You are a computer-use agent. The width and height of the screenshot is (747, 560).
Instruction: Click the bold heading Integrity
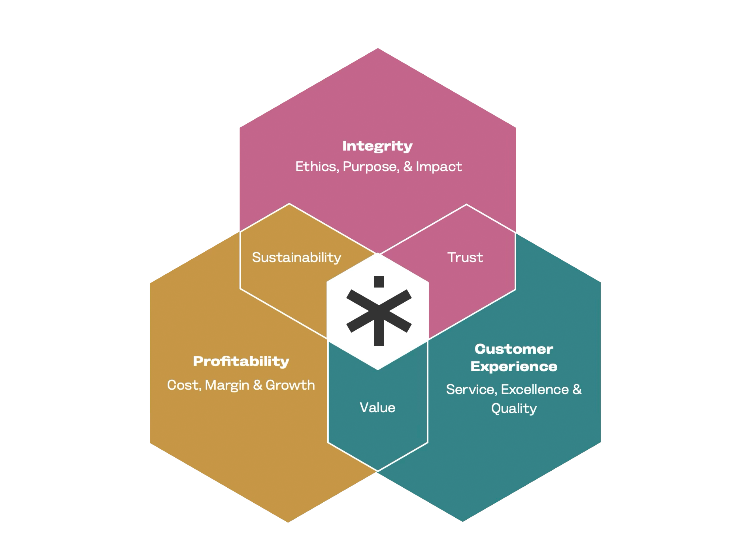pyautogui.click(x=377, y=146)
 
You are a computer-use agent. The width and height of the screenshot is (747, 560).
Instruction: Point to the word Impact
pyautogui.click(x=439, y=167)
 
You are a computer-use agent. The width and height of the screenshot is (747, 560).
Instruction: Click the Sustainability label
pyautogui.click(x=296, y=258)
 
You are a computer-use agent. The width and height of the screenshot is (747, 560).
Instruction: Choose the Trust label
pyautogui.click(x=465, y=258)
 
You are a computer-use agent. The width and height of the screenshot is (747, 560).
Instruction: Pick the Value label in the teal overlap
pyautogui.click(x=377, y=408)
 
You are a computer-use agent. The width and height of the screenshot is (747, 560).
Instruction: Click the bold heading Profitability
pyautogui.click(x=241, y=361)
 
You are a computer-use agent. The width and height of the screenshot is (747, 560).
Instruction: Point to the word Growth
pyautogui.click(x=290, y=385)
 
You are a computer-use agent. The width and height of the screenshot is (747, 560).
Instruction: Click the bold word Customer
pyautogui.click(x=514, y=349)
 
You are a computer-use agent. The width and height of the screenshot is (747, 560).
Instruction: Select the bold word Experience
pyautogui.click(x=514, y=367)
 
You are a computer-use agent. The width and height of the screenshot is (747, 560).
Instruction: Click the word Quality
pyautogui.click(x=514, y=409)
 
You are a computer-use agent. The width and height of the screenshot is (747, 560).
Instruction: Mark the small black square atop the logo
pyautogui.click(x=379, y=282)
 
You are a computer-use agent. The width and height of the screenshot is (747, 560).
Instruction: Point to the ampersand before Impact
pyautogui.click(x=407, y=167)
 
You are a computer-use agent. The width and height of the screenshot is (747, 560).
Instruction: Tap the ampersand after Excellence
pyautogui.click(x=577, y=390)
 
